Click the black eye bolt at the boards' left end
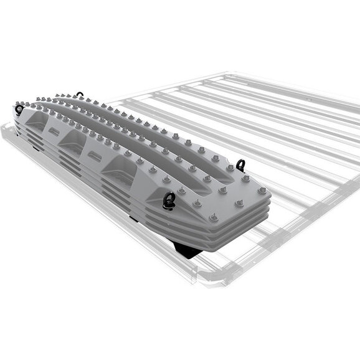19,110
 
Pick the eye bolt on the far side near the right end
242,165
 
